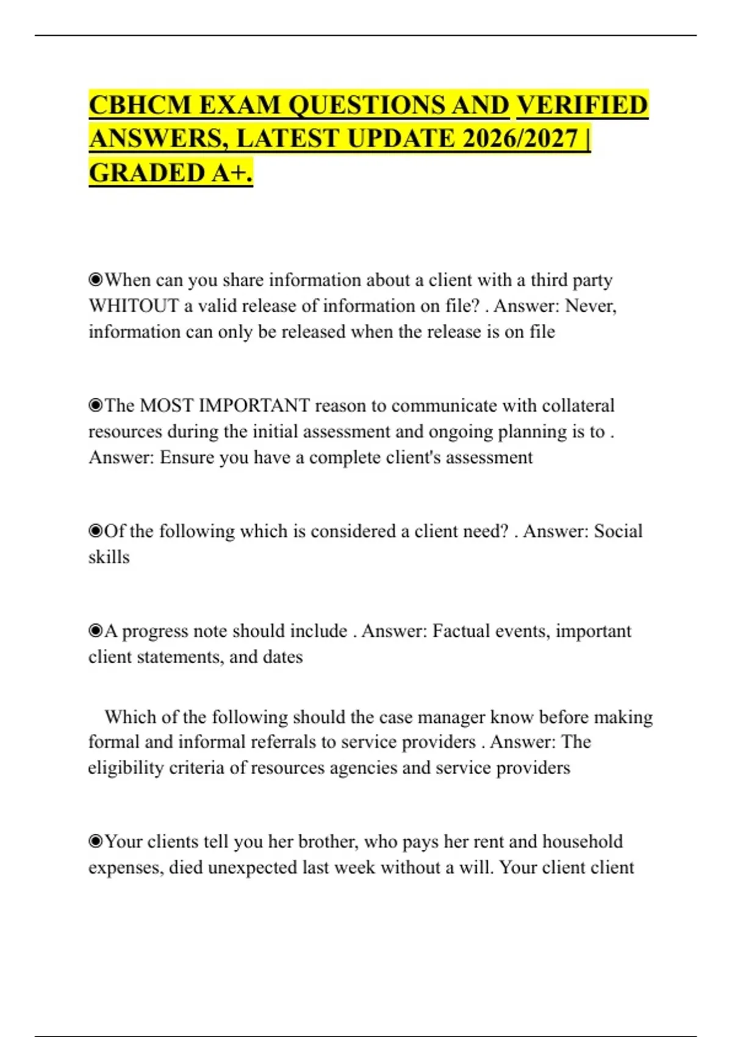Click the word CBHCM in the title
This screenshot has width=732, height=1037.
(x=140, y=105)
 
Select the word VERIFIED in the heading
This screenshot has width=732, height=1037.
(x=582, y=105)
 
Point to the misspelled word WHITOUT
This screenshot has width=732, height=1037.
(x=133, y=306)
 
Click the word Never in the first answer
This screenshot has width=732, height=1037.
(x=590, y=306)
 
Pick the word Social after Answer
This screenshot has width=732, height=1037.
(x=618, y=531)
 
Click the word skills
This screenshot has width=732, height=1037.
(x=109, y=558)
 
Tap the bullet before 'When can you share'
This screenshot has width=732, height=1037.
(x=96, y=280)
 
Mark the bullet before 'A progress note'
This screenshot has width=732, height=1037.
(x=96, y=631)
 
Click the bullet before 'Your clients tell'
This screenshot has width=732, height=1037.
(x=96, y=842)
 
